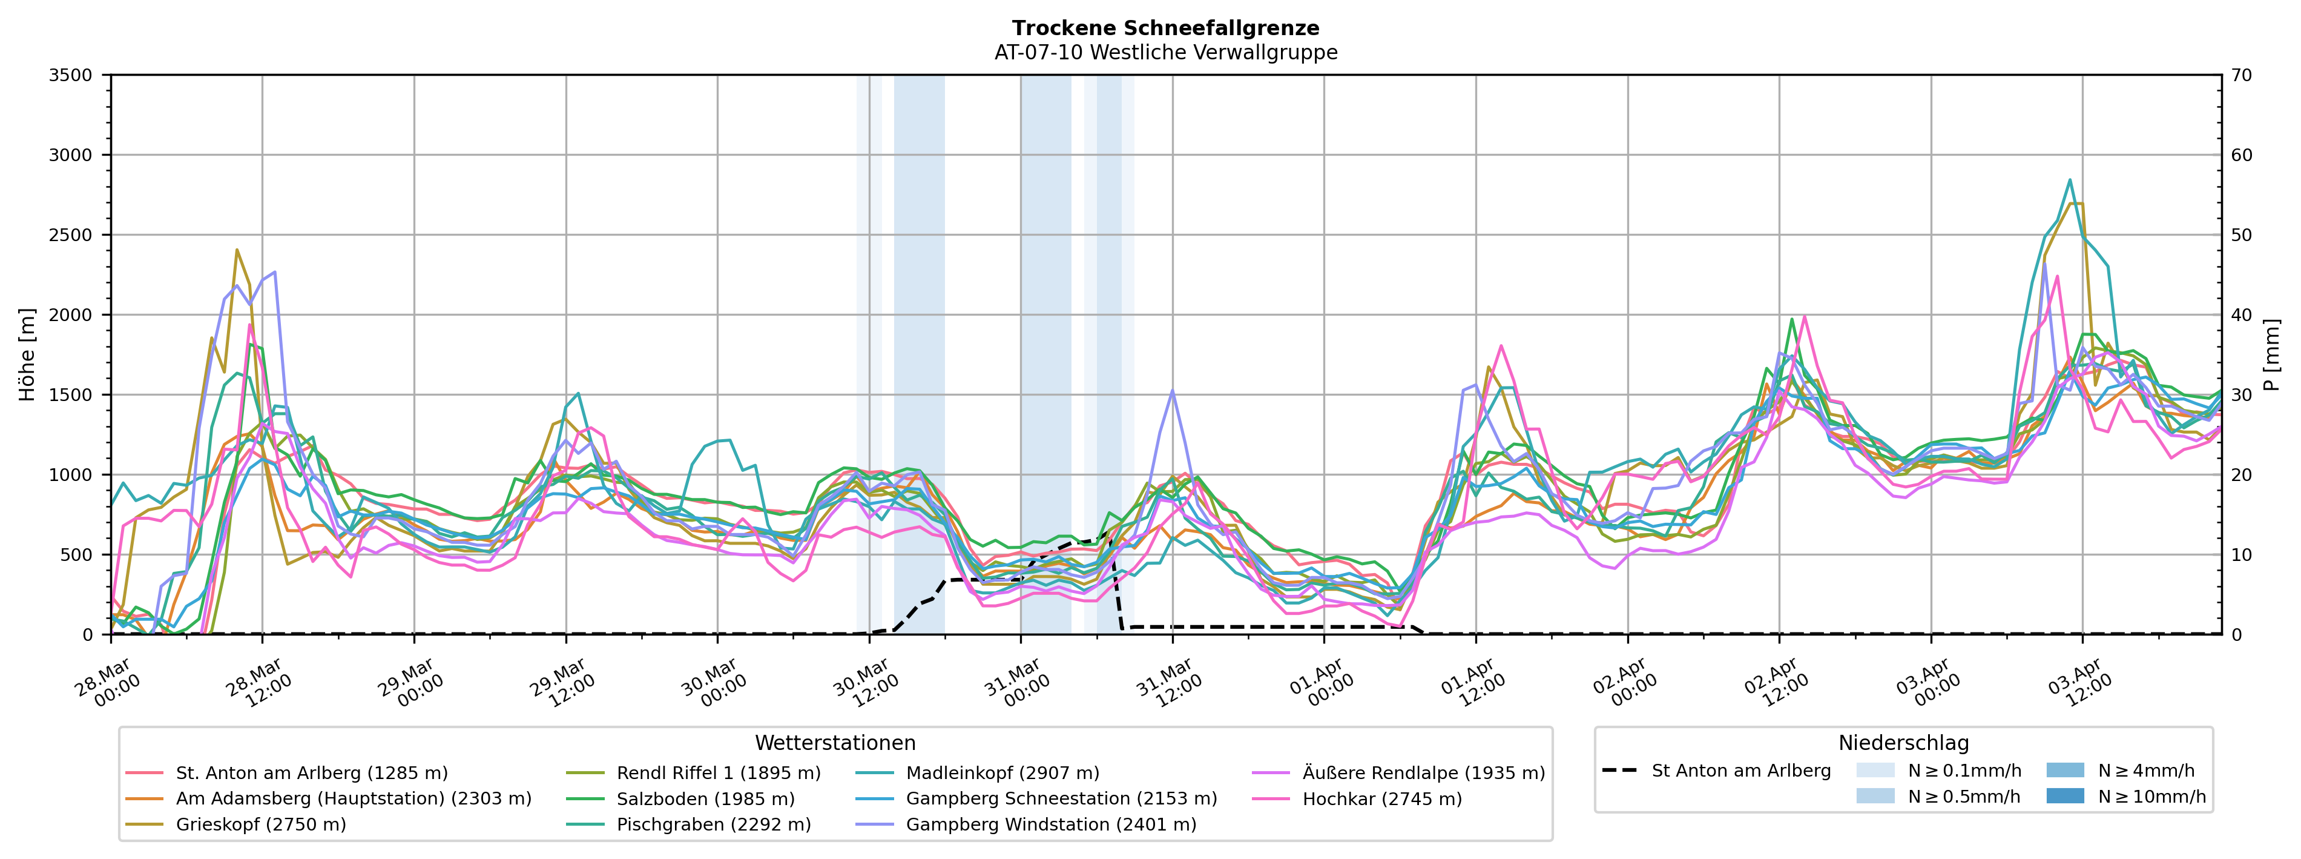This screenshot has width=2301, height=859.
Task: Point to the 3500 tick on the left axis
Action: pos(71,75)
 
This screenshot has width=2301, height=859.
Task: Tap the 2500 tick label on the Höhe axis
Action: pos(71,235)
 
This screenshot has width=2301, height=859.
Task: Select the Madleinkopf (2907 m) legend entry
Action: pos(1002,773)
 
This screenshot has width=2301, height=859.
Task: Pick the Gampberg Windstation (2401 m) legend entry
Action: pos(1050,824)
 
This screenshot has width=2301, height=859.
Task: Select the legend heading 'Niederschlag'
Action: pos(1903,743)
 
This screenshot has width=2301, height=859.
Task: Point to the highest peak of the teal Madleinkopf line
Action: pos(2070,180)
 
